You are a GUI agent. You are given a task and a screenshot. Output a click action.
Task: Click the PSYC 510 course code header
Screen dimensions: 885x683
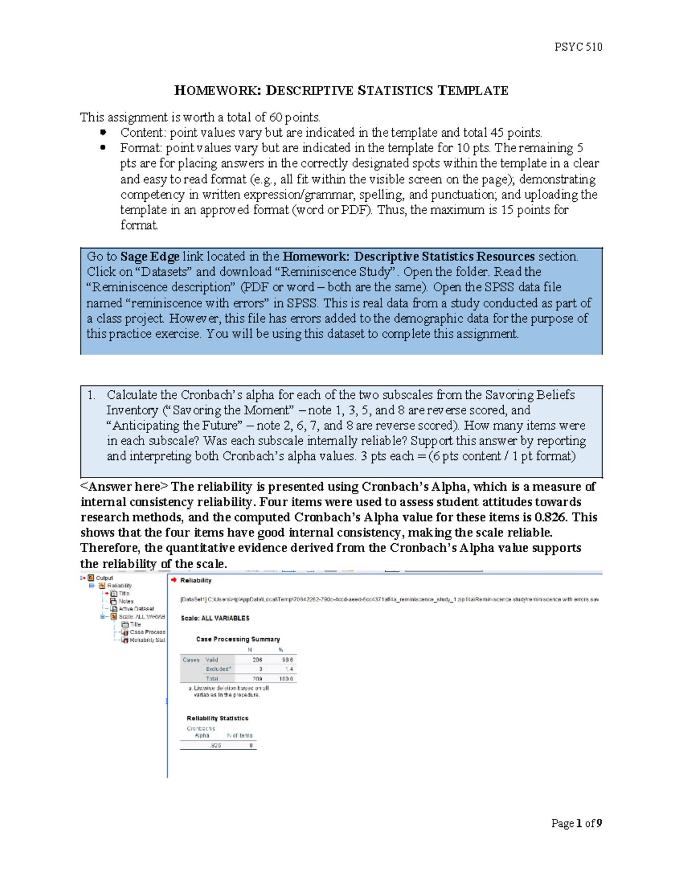pyautogui.click(x=578, y=47)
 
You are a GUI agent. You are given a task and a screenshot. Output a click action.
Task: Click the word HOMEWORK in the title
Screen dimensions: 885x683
pyautogui.click(x=217, y=91)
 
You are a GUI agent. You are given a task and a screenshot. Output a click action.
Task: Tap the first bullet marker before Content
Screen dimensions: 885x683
pyautogui.click(x=103, y=132)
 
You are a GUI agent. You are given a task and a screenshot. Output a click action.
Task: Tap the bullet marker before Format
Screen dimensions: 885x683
pyautogui.click(x=103, y=148)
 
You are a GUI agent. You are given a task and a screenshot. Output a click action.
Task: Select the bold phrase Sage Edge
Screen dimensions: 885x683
pyautogui.click(x=150, y=256)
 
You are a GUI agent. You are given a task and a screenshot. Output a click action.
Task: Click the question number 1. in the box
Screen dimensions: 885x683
pyautogui.click(x=92, y=395)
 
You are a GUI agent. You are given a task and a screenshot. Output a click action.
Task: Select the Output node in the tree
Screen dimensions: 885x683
pyautogui.click(x=104, y=578)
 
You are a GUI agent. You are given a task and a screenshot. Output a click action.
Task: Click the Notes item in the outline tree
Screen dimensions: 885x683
pyautogui.click(x=126, y=601)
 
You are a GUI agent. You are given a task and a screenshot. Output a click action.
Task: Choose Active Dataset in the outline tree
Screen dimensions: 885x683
pyautogui.click(x=136, y=609)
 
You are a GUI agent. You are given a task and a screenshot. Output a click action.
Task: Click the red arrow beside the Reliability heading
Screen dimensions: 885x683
pyautogui.click(x=174, y=580)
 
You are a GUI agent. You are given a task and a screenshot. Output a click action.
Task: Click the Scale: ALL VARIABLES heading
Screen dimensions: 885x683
pyautogui.click(x=215, y=618)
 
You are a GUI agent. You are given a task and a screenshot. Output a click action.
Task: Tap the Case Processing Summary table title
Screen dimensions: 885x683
pyautogui.click(x=238, y=639)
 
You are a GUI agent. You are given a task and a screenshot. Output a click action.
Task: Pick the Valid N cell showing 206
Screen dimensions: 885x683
pyautogui.click(x=257, y=660)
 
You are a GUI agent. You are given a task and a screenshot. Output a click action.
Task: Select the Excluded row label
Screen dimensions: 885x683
pyautogui.click(x=218, y=669)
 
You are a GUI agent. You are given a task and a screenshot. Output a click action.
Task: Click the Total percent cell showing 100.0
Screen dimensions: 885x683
pyautogui.click(x=286, y=679)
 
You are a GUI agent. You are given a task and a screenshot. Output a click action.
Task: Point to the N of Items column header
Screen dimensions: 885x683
pyautogui.click(x=240, y=736)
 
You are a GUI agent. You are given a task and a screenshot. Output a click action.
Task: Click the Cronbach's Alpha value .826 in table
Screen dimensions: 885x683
pyautogui.click(x=216, y=745)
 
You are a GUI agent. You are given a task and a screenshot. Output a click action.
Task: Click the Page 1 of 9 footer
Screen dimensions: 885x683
pyautogui.click(x=576, y=823)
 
